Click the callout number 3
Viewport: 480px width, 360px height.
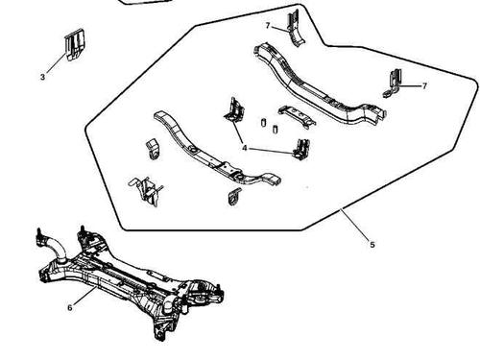42,77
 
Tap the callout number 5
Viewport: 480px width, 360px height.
372,245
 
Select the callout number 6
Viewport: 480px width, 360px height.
70,307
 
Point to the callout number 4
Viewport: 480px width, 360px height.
245,148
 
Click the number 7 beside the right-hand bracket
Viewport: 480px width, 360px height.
424,85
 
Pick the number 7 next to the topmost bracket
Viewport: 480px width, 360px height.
268,25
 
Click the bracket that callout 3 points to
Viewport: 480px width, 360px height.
75,45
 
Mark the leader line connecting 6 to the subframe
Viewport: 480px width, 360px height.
85,296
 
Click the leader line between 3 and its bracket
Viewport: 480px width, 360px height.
57,63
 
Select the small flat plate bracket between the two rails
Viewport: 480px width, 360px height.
297,116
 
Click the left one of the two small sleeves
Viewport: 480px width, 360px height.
263,122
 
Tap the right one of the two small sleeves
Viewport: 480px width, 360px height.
275,129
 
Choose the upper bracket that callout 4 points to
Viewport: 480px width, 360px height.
233,110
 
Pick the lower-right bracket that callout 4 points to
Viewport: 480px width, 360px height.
301,149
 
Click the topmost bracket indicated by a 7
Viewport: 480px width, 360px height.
294,29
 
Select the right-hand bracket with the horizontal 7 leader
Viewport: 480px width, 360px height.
393,84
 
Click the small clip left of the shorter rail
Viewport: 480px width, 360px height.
153,149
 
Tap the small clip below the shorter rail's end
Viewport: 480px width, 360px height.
234,197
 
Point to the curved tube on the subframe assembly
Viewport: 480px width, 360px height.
55,246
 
